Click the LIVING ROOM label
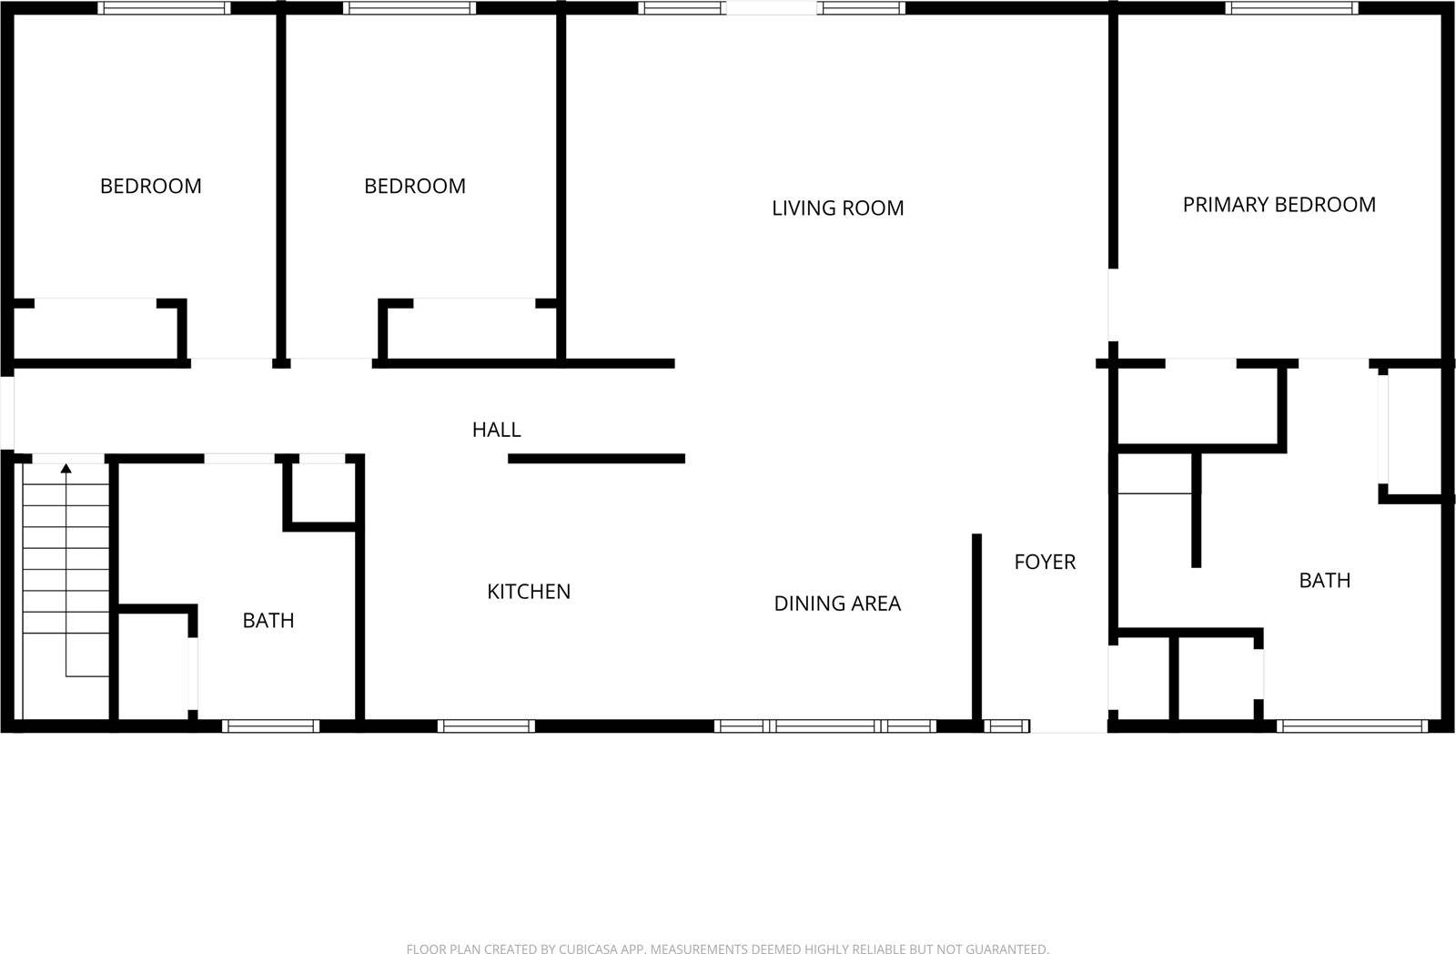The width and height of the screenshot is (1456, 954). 837,208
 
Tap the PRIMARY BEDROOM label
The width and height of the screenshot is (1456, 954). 1279,205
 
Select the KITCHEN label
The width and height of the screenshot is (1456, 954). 529,592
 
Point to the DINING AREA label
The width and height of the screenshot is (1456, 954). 837,604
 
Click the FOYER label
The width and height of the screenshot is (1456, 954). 1045,563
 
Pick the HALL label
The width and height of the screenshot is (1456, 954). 496,430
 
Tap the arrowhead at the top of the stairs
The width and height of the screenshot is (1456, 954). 66,469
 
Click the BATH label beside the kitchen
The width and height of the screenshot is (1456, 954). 268,621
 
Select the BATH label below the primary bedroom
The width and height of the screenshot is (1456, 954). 1324,581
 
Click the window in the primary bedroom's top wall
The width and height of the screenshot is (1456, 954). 1291,8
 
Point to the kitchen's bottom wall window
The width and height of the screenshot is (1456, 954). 485,726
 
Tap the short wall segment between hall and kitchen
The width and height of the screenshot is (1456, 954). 596,459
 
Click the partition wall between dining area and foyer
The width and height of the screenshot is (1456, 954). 976,628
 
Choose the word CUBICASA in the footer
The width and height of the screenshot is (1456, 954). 588,949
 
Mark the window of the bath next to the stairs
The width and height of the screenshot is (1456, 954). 270,726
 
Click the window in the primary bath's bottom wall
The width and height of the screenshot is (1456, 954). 1351,726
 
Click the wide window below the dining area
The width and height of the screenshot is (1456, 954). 824,726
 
